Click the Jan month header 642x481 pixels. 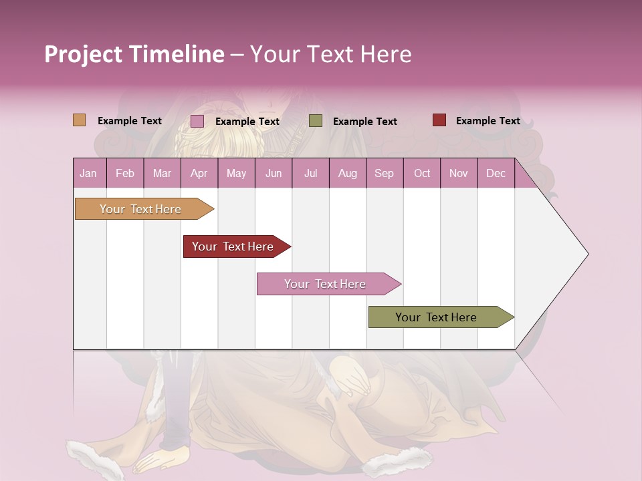[88, 173]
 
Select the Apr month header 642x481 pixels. [199, 173]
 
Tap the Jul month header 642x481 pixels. [310, 173]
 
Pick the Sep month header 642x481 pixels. [384, 173]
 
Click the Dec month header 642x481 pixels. [496, 173]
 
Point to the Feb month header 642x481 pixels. [125, 173]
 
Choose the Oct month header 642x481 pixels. [422, 173]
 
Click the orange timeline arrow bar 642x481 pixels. [140, 209]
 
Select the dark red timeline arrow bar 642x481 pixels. [233, 247]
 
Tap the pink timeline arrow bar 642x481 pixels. [325, 284]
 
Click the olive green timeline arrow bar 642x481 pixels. [436, 317]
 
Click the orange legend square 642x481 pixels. [80, 120]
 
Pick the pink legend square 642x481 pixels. [197, 121]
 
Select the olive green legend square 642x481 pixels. [316, 121]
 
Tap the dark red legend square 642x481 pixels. [439, 120]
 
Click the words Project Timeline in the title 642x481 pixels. [134, 54]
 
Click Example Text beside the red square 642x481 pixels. [488, 121]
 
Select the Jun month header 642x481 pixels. [274, 173]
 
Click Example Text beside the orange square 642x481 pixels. [130, 121]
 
